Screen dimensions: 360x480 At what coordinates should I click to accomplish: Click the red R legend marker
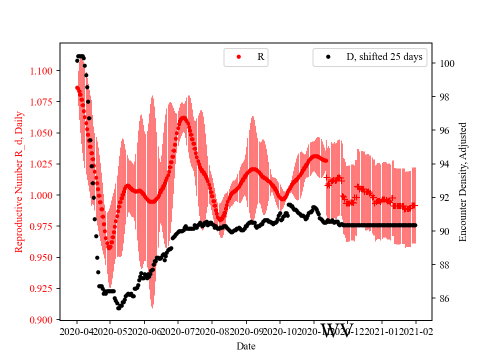pos(238,57)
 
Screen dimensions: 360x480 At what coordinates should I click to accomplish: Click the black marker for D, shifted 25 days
pos(328,57)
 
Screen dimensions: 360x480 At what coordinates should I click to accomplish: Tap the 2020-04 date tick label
pos(77,331)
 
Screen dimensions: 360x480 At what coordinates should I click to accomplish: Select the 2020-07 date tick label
pos(178,331)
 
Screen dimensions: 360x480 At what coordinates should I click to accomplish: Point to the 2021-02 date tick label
pos(415,331)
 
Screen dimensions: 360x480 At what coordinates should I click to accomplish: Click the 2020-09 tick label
pos(246,331)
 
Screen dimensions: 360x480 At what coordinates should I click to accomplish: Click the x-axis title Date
pos(246,345)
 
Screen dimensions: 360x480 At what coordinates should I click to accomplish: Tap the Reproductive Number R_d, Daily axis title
pos(19,181)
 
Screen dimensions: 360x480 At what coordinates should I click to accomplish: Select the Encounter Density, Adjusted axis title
pos(462,181)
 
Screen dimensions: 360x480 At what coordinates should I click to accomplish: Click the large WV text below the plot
pos(336,330)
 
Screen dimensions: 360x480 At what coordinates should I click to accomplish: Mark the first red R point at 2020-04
pos(77,87)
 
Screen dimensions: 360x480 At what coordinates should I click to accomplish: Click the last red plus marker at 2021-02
pos(415,205)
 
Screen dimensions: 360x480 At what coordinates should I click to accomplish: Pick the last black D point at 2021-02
pos(415,225)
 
